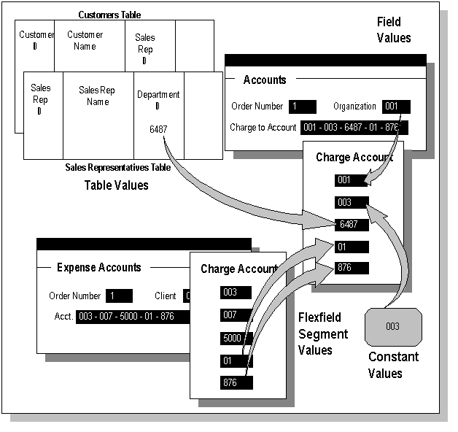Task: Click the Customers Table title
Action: click(x=109, y=15)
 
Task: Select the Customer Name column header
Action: click(x=85, y=41)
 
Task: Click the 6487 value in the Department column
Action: click(x=158, y=129)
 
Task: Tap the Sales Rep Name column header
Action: click(x=98, y=96)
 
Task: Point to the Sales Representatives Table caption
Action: click(x=117, y=168)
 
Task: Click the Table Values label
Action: click(x=117, y=185)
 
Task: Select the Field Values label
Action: click(x=393, y=30)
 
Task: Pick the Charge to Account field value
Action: click(x=354, y=128)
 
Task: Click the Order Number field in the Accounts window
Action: click(x=302, y=107)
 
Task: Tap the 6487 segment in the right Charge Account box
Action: click(x=352, y=225)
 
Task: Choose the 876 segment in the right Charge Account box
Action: click(x=352, y=268)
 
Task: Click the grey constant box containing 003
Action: click(x=393, y=326)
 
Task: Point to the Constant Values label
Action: click(x=393, y=365)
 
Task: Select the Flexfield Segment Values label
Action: click(x=323, y=334)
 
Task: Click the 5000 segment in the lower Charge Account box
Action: click(x=236, y=339)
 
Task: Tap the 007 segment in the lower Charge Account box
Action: click(x=236, y=315)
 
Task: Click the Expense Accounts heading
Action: click(x=99, y=268)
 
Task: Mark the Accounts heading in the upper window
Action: click(x=265, y=80)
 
